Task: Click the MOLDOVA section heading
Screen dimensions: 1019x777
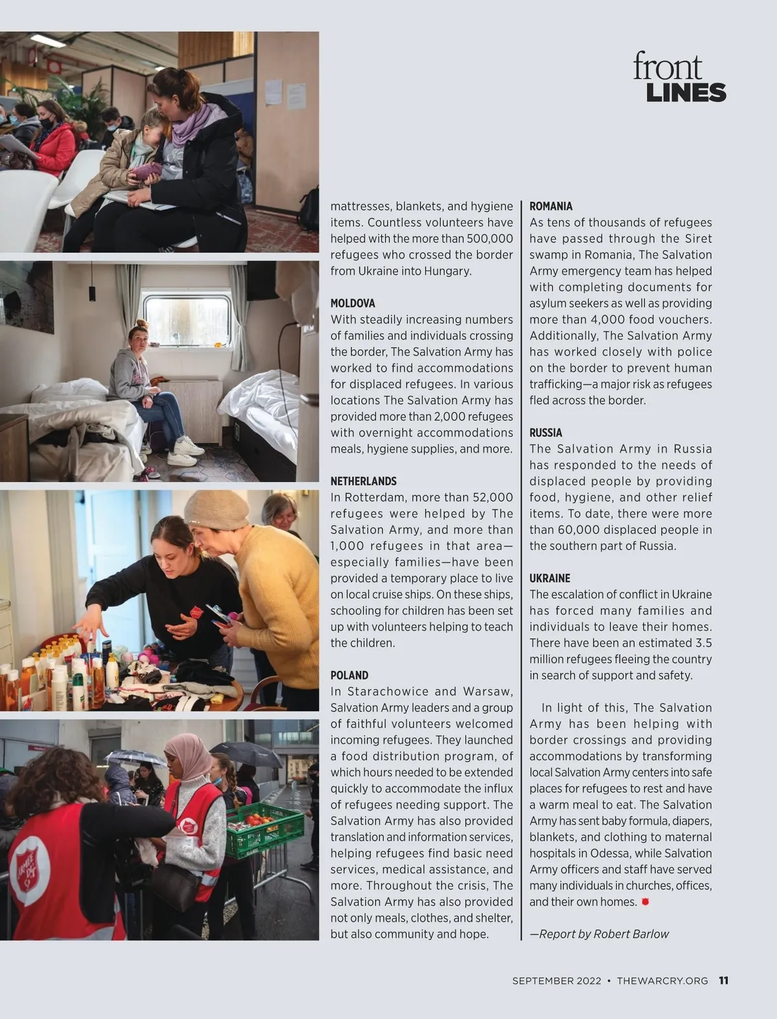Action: coord(353,303)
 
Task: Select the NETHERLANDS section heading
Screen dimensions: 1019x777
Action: coord(363,481)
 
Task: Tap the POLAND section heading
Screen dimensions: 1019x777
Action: coord(349,675)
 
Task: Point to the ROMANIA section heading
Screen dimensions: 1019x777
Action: coord(551,206)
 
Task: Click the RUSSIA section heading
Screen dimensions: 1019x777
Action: coord(546,433)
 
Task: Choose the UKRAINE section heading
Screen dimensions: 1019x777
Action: coord(550,578)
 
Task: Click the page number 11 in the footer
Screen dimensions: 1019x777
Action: coord(723,980)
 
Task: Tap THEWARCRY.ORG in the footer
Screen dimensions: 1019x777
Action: coord(662,981)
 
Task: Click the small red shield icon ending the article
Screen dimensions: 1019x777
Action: coord(645,901)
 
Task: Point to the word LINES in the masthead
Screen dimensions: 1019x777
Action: coord(686,93)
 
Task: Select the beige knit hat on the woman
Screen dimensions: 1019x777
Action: coord(217,509)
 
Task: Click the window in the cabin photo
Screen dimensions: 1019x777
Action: coord(186,320)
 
